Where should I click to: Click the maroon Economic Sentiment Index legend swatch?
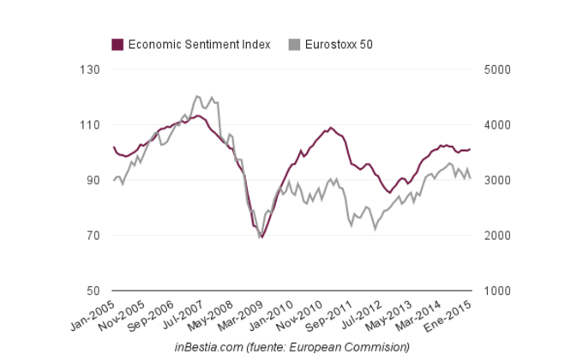118,45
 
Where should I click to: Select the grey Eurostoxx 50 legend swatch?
295,45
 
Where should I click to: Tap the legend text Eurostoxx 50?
339,45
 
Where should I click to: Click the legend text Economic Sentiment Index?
199,45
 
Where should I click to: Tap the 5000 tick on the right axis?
497,69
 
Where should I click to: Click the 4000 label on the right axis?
497,125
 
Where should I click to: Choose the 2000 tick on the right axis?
497,236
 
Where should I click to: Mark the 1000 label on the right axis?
497,291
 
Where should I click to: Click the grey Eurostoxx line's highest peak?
197,95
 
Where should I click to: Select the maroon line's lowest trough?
261,237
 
